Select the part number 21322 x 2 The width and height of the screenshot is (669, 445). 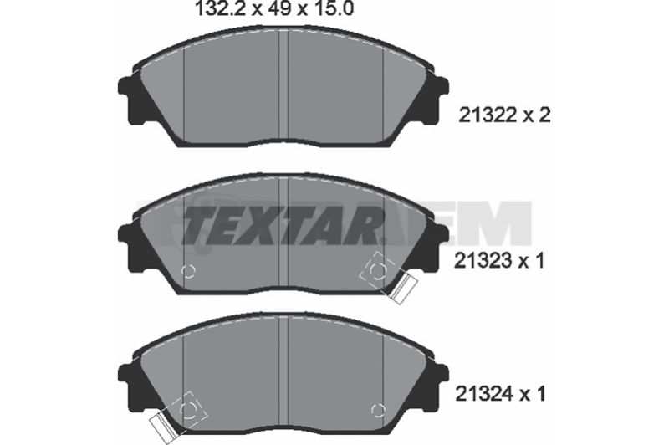point(505,115)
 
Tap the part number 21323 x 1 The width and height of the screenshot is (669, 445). point(499,260)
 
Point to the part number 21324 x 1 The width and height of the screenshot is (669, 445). point(500,394)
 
